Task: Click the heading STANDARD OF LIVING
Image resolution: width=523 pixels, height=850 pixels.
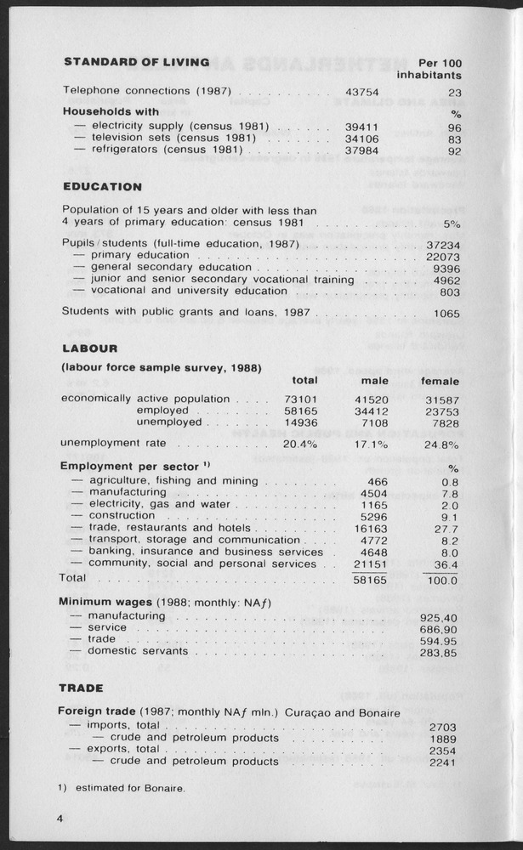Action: click(x=136, y=62)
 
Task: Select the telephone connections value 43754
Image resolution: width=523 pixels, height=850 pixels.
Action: click(x=361, y=91)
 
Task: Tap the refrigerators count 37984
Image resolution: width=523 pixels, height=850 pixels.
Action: click(x=361, y=150)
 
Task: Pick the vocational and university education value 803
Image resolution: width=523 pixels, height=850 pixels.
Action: click(x=449, y=292)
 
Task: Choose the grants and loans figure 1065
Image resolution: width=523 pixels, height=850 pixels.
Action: click(x=445, y=313)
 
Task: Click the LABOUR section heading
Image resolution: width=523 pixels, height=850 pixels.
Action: click(x=90, y=348)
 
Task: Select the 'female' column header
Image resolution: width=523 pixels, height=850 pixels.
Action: click(x=438, y=382)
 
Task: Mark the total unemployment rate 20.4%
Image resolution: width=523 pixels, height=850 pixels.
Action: click(x=299, y=444)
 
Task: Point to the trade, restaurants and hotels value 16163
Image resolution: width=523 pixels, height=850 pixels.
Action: click(x=370, y=528)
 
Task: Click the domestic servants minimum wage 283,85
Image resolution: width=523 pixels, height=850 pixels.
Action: click(x=438, y=652)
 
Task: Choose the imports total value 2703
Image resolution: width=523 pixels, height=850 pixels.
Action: click(x=444, y=727)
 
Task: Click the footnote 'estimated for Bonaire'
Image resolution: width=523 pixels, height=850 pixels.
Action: click(x=129, y=788)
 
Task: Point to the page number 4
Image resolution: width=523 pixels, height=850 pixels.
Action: click(x=60, y=819)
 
